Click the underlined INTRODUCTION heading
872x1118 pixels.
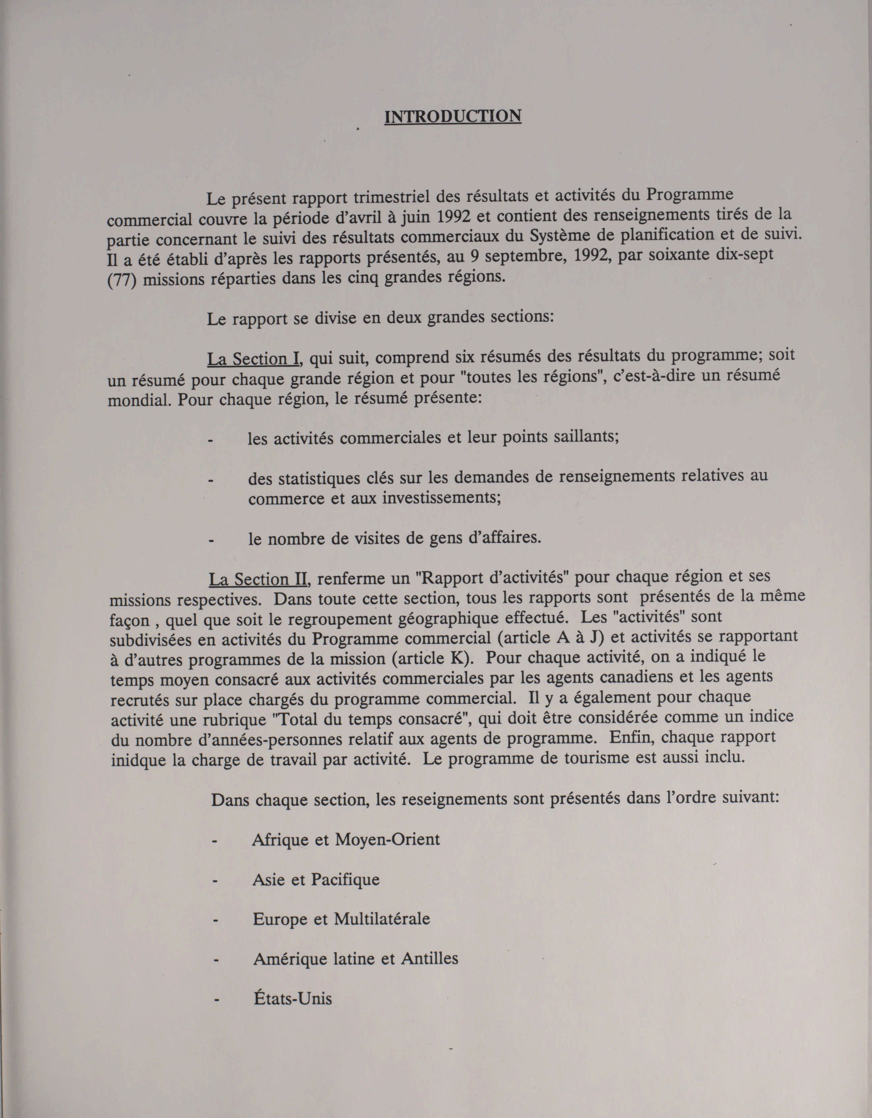point(453,116)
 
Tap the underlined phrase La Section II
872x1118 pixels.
point(258,579)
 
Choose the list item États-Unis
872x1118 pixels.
point(292,998)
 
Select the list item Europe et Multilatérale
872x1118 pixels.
point(341,919)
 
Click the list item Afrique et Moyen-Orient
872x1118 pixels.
point(346,839)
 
